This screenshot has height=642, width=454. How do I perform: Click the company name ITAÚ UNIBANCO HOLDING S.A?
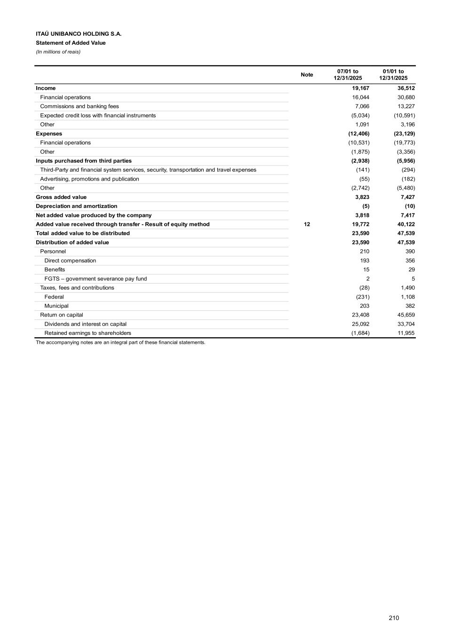tap(79, 34)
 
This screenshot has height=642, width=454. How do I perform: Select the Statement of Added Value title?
tap(71, 43)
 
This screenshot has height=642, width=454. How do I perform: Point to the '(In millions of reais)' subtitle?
tap(58, 52)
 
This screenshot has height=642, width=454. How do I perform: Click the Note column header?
tap(307, 75)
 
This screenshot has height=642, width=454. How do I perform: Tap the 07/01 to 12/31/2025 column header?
tap(348, 75)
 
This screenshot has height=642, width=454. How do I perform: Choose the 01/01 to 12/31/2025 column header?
tap(393, 75)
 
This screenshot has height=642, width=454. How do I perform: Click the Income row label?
tap(46, 88)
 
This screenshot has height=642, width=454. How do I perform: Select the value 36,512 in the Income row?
tap(406, 88)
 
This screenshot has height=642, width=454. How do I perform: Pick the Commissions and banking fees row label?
tap(80, 106)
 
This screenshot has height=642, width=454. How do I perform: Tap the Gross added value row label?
tap(61, 197)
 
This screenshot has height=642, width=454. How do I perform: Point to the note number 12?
tap(307, 224)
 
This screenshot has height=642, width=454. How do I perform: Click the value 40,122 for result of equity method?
tap(406, 224)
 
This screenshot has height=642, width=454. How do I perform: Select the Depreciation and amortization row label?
tap(77, 206)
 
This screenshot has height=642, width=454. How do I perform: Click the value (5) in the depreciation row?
tap(366, 206)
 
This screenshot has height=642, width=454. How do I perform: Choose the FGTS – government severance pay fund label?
tap(96, 279)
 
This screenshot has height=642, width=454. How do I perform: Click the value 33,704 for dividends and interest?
tap(406, 324)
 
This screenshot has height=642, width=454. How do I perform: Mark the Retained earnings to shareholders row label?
tap(88, 333)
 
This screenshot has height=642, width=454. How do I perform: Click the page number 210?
tap(394, 618)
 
